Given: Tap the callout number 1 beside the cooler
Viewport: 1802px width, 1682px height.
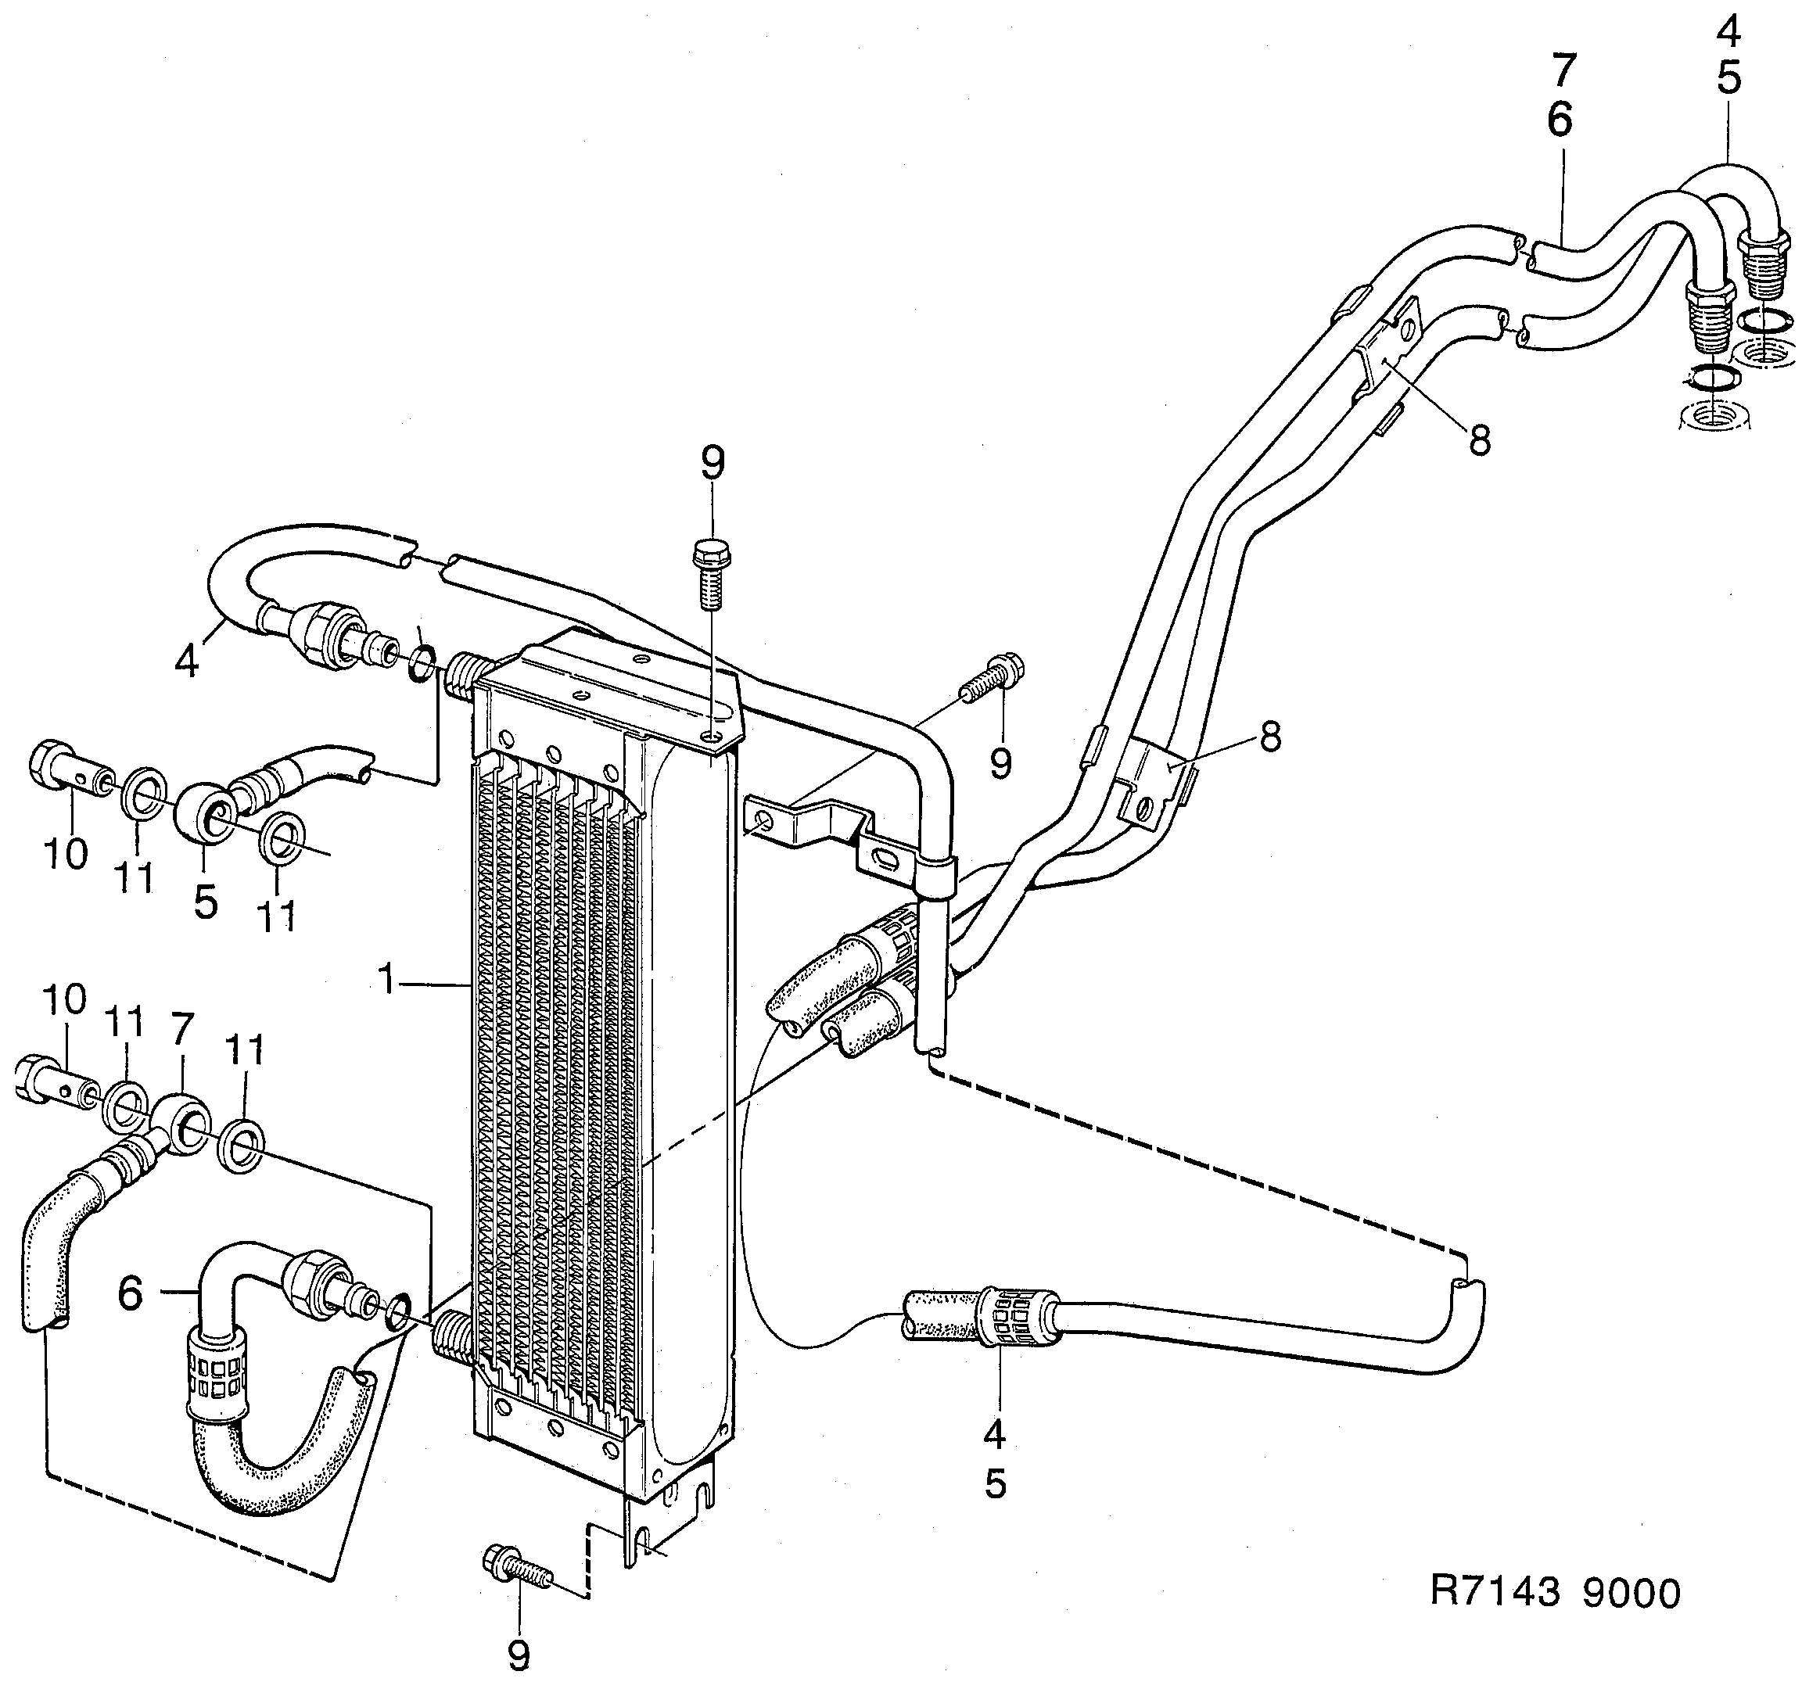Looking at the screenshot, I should point(388,980).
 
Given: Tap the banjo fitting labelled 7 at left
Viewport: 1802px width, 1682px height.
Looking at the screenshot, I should point(179,1124).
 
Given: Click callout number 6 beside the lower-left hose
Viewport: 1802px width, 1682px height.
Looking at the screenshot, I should point(131,1293).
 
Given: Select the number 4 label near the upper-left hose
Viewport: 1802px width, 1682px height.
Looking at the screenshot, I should point(187,662).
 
